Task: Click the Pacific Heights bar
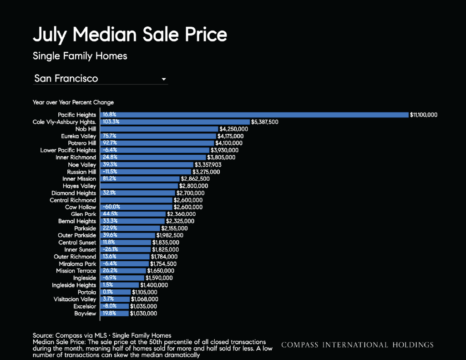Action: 254,115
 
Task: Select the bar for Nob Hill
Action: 159,129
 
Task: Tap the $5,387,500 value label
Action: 264,122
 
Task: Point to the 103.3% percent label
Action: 111,122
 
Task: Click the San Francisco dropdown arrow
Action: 163,79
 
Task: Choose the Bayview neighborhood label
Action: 85,313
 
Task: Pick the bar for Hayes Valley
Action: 139,186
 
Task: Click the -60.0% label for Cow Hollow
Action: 111,207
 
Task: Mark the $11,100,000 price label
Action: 424,115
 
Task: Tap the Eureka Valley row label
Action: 78,136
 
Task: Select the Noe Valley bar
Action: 147,164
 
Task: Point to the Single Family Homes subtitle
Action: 80,56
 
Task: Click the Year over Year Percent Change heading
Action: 73,102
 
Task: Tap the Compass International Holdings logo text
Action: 357,345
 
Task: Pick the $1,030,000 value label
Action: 143,313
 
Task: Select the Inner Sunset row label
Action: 80,250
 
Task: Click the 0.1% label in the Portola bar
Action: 107,292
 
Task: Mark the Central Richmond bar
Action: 137,200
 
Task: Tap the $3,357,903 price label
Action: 208,165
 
